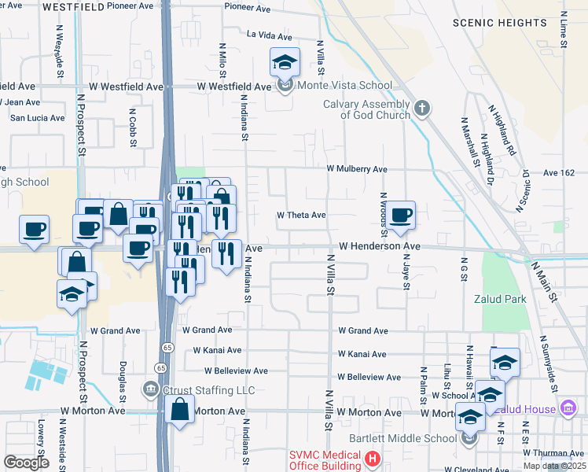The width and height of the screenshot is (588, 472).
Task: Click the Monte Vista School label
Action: pos(343,86)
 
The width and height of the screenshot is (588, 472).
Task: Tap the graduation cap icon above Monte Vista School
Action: pos(285,61)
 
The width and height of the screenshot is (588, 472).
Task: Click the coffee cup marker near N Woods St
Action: pos(400,215)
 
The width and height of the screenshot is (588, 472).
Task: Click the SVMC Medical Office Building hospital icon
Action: pos(373,457)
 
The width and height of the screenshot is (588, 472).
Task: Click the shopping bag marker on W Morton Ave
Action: pos(180,409)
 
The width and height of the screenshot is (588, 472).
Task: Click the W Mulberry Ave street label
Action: pos(358,169)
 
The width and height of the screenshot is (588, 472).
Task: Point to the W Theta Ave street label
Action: pos(301,215)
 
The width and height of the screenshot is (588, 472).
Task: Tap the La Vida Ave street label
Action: pos(270,35)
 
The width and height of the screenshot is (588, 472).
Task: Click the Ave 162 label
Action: pos(559,172)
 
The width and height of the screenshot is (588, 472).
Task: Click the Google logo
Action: pos(26,463)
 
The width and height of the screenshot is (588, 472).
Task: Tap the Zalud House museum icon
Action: pos(568,407)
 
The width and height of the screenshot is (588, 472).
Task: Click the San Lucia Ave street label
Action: pos(37,118)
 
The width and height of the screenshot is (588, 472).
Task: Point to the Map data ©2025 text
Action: pos(554,466)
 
